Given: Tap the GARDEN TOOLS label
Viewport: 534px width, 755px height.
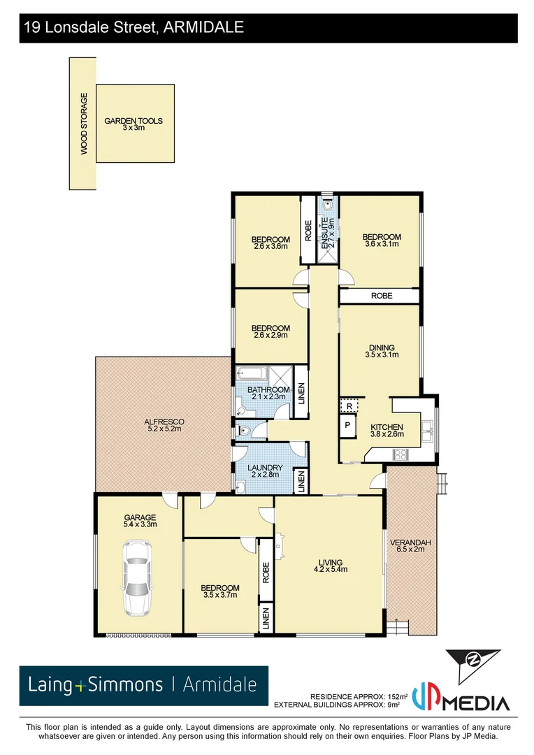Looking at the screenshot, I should point(133,121).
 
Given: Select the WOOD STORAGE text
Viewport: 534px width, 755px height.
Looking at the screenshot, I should point(83,124).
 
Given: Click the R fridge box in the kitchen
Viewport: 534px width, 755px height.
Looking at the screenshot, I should point(348,405).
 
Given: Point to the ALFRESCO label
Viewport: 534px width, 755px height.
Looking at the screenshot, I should point(164,422).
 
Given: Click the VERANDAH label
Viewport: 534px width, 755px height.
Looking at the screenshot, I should point(410,542).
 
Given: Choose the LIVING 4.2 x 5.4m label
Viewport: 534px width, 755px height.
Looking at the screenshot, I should point(329,566).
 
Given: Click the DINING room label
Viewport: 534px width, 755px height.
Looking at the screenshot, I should point(381,347).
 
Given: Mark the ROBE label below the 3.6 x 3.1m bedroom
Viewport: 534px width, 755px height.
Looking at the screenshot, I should point(381,296).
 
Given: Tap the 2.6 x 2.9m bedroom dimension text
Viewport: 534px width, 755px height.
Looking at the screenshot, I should point(270,336).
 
